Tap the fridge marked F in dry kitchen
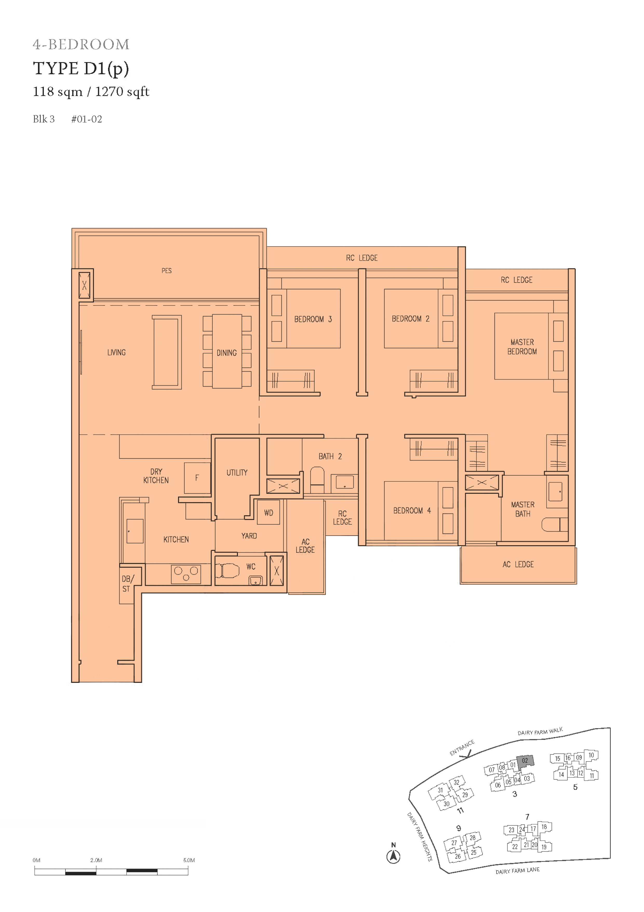(197, 478)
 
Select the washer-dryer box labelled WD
(269, 512)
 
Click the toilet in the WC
(227, 571)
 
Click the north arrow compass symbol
(393, 856)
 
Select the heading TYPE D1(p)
(81, 69)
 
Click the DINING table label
(227, 353)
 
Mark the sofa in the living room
(167, 352)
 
